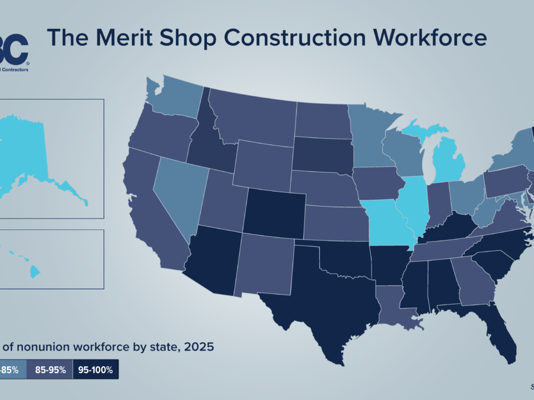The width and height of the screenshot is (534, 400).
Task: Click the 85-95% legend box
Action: pos(50,369)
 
